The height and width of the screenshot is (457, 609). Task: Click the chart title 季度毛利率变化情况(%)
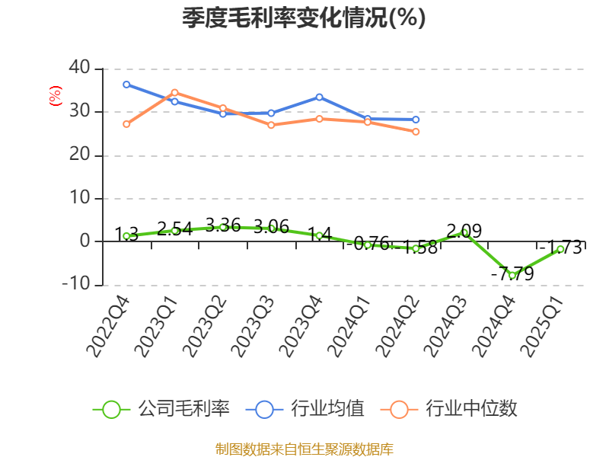304,18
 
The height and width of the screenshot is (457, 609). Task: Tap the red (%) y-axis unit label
55,96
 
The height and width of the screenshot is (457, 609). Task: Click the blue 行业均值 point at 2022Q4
126,85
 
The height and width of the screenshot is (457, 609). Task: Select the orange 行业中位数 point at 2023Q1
174,92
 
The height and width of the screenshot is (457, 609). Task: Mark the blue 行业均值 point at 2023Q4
319,97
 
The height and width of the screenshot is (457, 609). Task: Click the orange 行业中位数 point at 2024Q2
416,132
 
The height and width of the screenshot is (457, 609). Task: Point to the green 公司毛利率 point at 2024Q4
512,275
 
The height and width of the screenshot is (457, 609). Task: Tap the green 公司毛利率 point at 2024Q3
464,232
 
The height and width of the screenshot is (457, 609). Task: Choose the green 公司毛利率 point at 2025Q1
561,249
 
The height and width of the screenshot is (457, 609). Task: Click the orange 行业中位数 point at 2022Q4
126,124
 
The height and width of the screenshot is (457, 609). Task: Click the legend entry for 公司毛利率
161,409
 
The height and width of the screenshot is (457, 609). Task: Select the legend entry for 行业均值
304,409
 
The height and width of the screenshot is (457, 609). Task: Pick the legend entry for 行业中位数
453,409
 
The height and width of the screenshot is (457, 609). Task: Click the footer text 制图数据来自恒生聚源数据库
304,449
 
